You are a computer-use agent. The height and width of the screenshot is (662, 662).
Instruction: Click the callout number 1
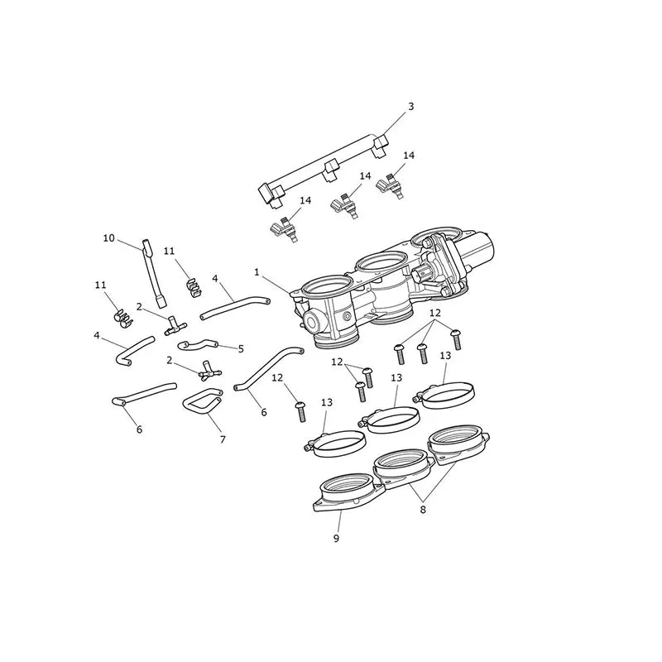tap(257, 272)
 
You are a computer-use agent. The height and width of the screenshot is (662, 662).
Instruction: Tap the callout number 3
tap(410, 107)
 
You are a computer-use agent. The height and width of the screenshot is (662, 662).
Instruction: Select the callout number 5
tap(241, 348)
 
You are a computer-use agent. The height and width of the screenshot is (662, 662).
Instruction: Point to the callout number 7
tap(223, 440)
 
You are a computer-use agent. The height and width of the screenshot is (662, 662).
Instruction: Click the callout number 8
tap(423, 510)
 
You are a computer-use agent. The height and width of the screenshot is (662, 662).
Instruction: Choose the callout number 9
tap(336, 539)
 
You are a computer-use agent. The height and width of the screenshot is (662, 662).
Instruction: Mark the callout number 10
tap(109, 238)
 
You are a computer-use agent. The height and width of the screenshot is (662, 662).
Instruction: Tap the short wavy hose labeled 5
tap(198, 344)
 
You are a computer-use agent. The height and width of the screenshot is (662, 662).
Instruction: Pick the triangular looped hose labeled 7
tap(203, 400)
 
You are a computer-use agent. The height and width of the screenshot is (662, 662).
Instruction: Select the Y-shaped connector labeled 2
tap(210, 370)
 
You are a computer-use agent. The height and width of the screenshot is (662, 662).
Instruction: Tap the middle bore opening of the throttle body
tap(381, 264)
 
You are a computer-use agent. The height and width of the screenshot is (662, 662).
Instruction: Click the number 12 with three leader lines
tap(435, 313)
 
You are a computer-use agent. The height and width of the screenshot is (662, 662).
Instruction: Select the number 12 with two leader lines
tap(337, 362)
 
